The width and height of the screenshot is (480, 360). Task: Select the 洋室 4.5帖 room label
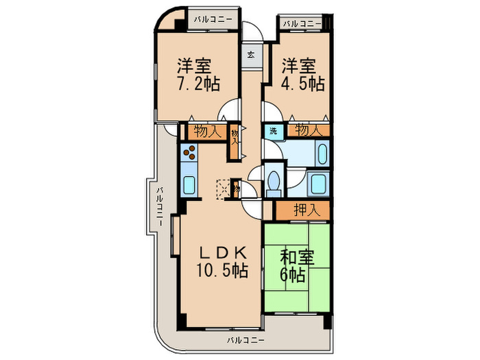point(302,75)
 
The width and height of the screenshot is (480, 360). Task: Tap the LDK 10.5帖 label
point(219,261)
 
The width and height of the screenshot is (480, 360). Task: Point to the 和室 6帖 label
point(298,266)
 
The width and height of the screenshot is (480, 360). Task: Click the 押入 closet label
point(307,209)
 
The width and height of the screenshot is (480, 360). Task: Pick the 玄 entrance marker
point(251,56)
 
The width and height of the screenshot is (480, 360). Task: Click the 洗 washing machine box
point(272,130)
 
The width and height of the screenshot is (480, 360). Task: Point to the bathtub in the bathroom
point(322,155)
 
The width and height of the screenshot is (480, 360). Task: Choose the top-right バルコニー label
point(302,24)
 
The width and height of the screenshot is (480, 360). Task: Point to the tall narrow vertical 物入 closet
point(235,140)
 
